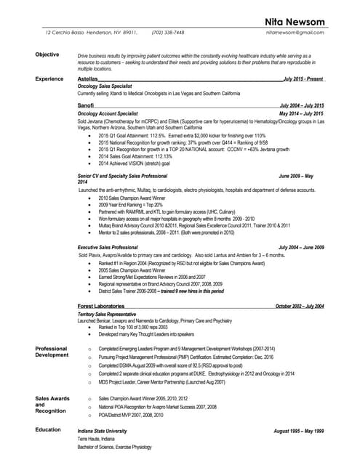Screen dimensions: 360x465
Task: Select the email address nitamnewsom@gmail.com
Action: click(x=295, y=33)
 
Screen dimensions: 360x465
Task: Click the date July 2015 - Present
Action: click(x=304, y=78)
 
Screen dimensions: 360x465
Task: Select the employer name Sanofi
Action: click(x=85, y=106)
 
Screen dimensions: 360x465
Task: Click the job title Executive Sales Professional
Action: click(x=108, y=248)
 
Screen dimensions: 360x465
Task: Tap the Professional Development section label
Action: click(x=52, y=352)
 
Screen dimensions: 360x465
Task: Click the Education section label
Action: click(x=48, y=429)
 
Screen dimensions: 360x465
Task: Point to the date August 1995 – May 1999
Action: click(x=299, y=431)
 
